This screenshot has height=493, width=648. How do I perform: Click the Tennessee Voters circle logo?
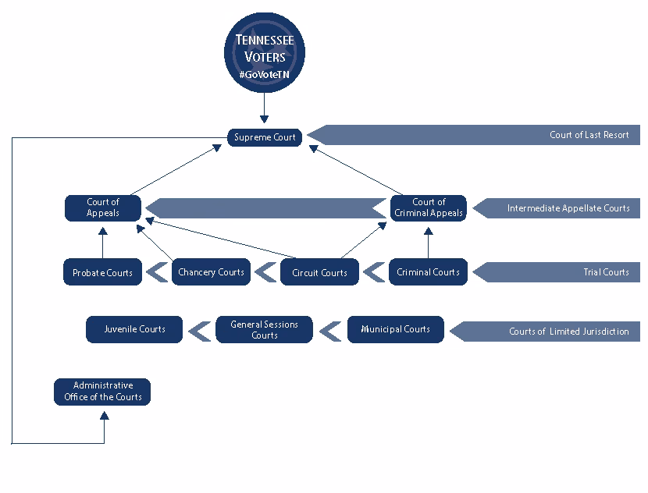[x=265, y=52]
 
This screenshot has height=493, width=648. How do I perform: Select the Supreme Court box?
[x=265, y=137]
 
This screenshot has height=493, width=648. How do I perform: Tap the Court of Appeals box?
[x=103, y=208]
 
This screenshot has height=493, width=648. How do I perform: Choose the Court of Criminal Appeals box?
[x=429, y=208]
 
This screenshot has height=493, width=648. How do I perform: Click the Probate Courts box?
[x=102, y=272]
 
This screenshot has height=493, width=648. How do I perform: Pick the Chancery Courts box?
[x=211, y=272]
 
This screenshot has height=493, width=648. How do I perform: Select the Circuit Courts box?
[x=319, y=272]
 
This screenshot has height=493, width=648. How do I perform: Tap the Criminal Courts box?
[x=428, y=272]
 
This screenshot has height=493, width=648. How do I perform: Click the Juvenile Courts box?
[x=135, y=329]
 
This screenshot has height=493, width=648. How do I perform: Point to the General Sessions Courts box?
[x=265, y=329]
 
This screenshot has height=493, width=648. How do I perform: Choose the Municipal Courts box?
[x=395, y=329]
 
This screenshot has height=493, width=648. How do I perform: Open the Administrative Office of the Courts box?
[x=102, y=392]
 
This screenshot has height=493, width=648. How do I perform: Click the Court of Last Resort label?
[x=589, y=135]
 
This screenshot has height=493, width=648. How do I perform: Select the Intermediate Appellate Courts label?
[x=568, y=208]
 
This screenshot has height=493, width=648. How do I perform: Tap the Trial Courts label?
[x=606, y=272]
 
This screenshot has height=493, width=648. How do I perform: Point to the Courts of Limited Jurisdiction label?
[x=568, y=332]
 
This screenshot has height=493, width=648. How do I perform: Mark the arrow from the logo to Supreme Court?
[x=265, y=108]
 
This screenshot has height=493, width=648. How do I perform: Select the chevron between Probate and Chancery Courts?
[x=158, y=272]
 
